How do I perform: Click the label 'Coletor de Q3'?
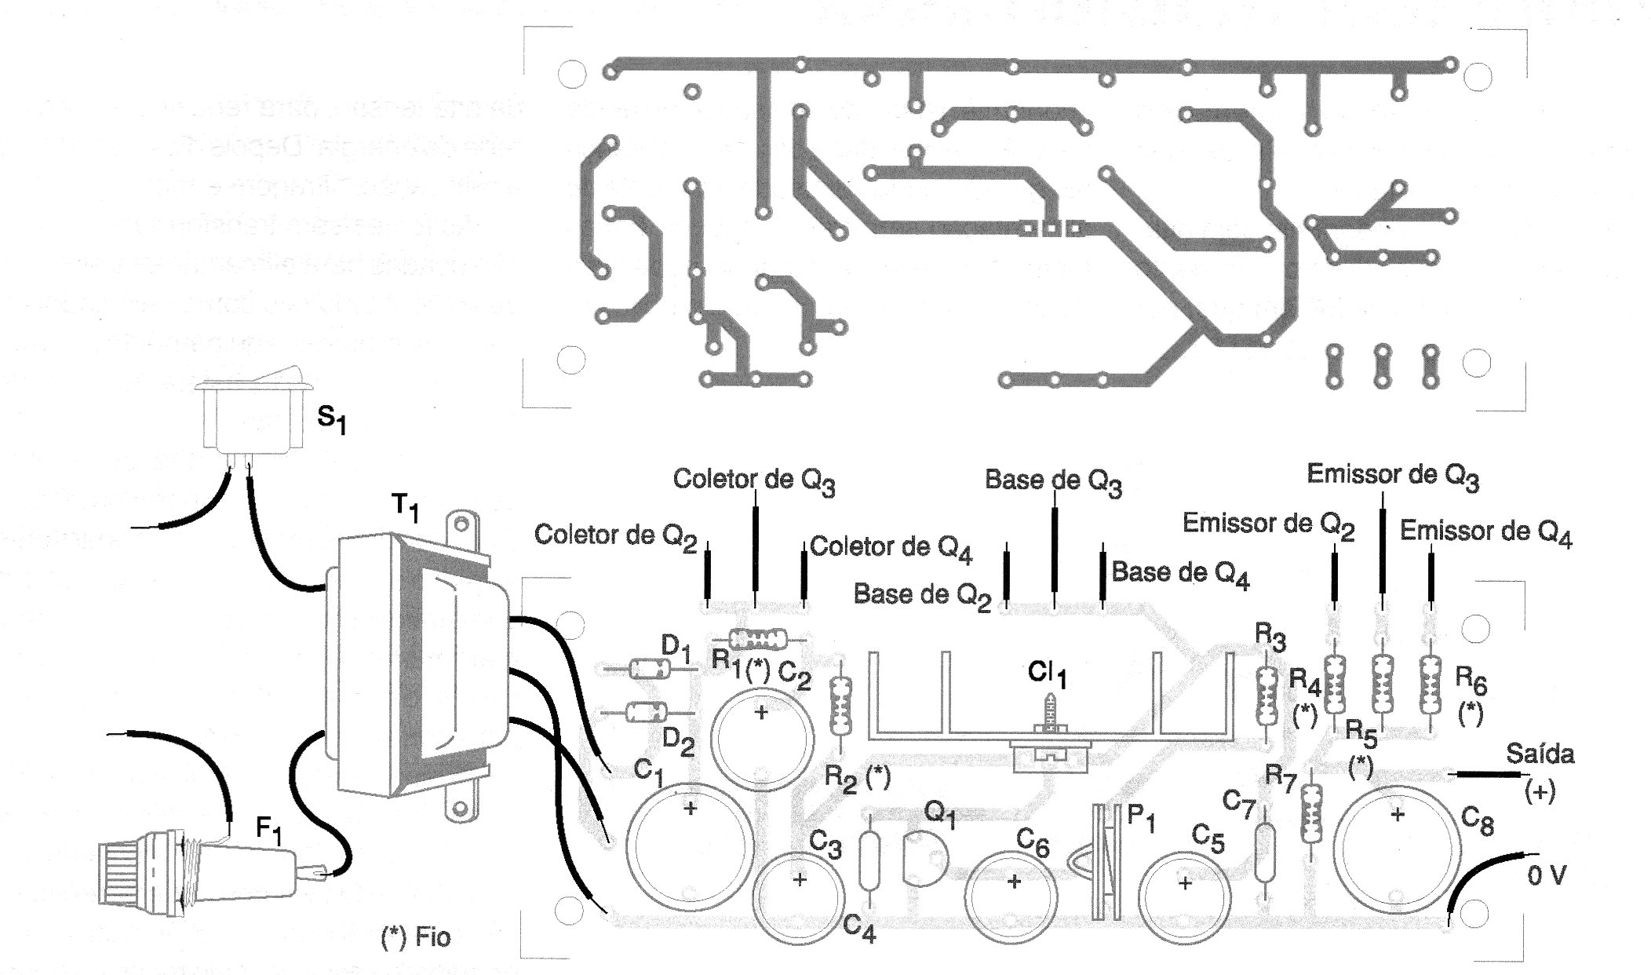[x=753, y=480]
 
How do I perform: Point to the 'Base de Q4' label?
[x=1180, y=573]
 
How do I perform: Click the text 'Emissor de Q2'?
[x=1268, y=524]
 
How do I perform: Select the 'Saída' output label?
[x=1540, y=755]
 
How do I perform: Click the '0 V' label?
[x=1546, y=875]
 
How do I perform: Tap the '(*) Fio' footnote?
[x=416, y=937]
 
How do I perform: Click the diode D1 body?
[x=649, y=670]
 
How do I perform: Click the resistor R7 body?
[x=1309, y=816]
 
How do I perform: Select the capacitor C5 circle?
[x=1183, y=883]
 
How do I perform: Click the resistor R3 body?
[x=1265, y=695]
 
